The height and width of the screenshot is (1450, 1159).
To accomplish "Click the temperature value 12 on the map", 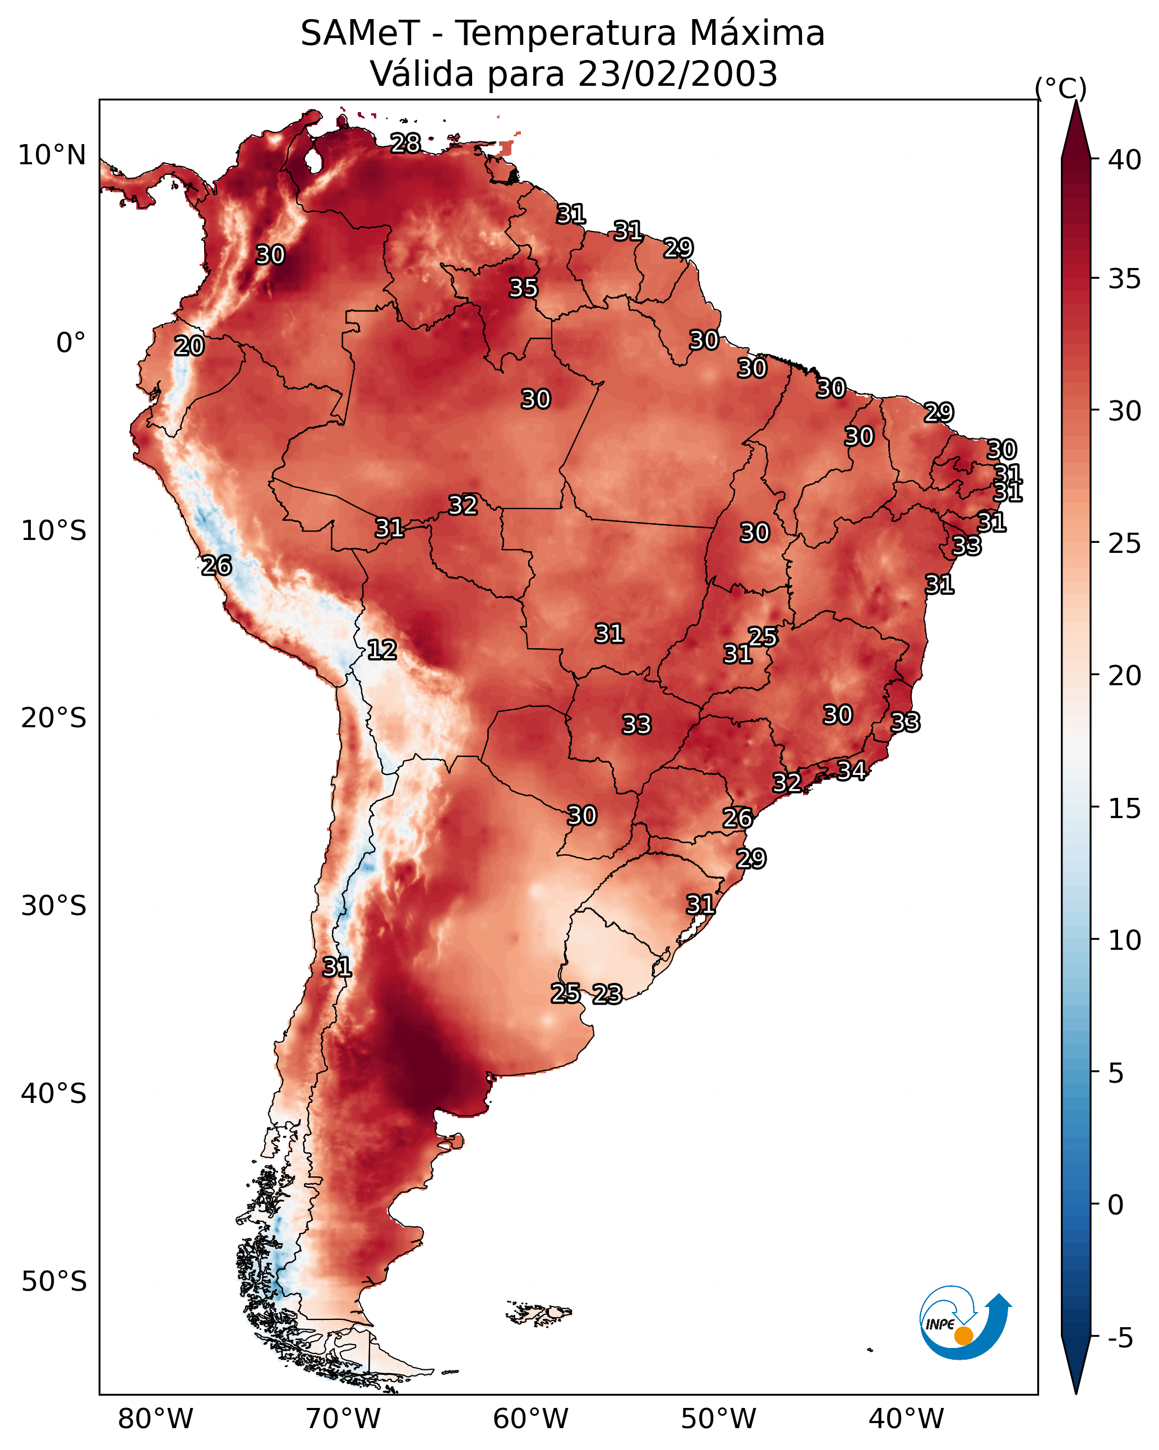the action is [x=382, y=650].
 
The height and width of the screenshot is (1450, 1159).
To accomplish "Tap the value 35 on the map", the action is [x=523, y=288].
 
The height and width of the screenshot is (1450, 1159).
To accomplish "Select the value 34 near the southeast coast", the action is [x=852, y=770].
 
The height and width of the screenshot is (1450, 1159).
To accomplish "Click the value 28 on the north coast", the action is [x=405, y=143].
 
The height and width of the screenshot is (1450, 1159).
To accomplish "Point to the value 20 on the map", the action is [x=189, y=346].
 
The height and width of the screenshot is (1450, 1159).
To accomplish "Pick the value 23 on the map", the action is [x=607, y=994].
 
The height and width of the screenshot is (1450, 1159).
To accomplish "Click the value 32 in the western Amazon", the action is [x=463, y=505].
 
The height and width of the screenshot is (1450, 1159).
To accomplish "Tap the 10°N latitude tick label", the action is [x=52, y=155].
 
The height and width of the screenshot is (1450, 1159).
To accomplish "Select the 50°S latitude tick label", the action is [x=54, y=1282].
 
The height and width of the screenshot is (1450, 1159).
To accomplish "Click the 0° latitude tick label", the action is [x=71, y=343].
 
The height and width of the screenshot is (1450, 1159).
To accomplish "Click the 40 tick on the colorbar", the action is [x=1125, y=160].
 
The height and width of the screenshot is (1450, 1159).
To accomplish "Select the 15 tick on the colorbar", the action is [x=1125, y=809].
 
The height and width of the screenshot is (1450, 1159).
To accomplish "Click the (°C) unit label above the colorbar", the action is [x=1061, y=88].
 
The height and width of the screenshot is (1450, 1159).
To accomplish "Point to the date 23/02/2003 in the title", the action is [x=677, y=74].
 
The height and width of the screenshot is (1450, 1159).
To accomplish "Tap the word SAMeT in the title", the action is [x=360, y=34].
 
